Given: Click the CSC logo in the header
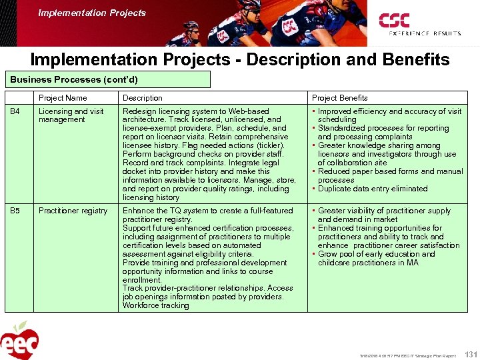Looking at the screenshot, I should pos(419,24).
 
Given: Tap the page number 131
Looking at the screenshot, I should pos(469,354).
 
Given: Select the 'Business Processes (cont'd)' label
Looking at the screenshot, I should pos(74,79).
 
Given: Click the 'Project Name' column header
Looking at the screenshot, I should pos(63,98).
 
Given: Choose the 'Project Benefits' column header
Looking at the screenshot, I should pos(339,98).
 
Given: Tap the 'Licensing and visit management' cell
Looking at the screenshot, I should pos(71,115).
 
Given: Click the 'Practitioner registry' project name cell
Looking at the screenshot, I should pos(73,211).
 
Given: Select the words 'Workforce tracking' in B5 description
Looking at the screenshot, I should pos(155,305).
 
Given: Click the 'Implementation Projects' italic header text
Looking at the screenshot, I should pos(92,13).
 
